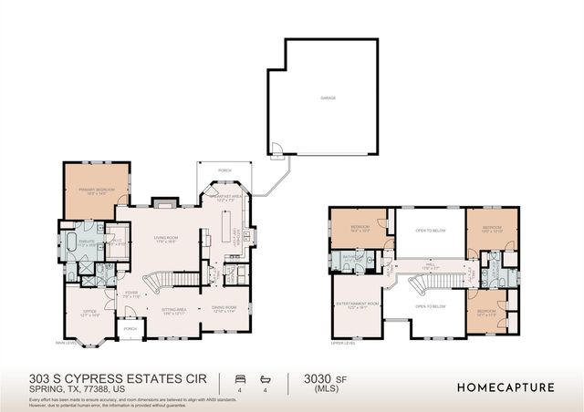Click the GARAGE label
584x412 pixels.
(321, 97)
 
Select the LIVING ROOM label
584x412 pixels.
(164, 239)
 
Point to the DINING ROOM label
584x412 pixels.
(224, 309)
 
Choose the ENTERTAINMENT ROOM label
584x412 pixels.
(357, 305)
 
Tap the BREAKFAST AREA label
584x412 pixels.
(224, 197)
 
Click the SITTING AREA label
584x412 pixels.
(175, 309)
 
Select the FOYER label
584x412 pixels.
(131, 294)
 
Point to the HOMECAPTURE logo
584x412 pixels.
(505, 386)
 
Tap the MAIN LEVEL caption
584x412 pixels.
(65, 343)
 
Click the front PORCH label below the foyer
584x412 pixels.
(130, 329)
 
